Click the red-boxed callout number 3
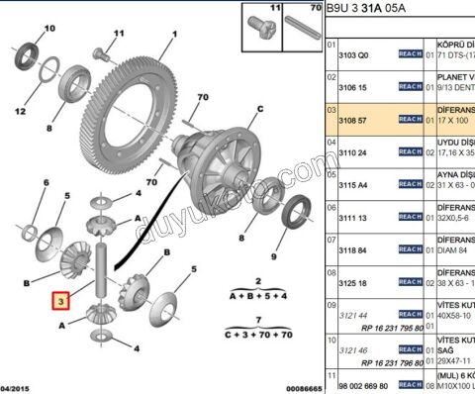click(x=61, y=300)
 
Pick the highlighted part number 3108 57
click(x=354, y=119)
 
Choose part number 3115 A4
click(x=354, y=184)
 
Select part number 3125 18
click(x=354, y=282)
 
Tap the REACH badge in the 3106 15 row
click(x=410, y=86)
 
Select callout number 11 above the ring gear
click(x=119, y=34)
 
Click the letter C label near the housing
click(x=260, y=109)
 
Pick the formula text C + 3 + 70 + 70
click(x=257, y=336)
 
